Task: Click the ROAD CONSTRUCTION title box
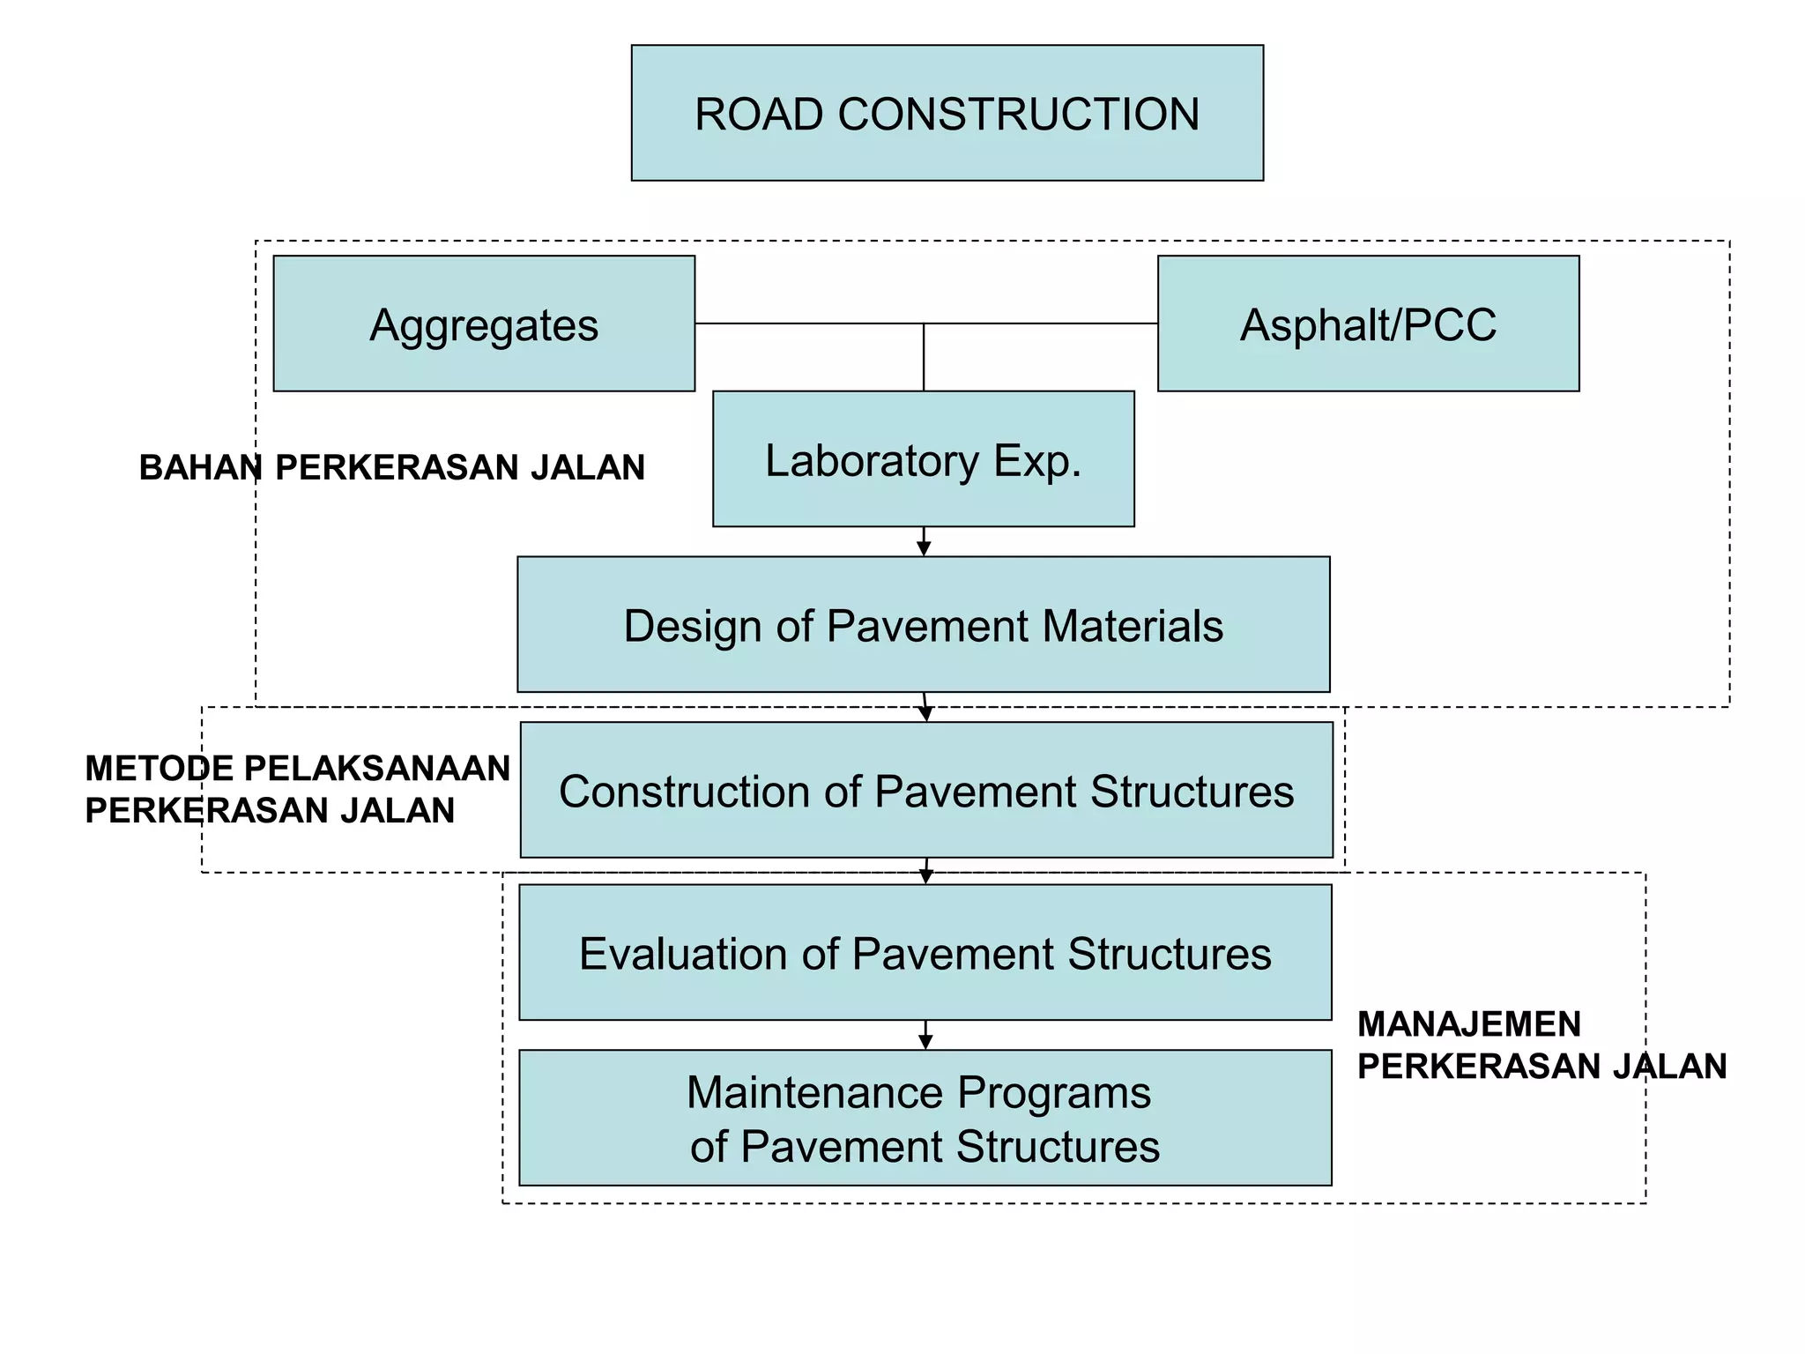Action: (x=947, y=113)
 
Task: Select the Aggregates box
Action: (x=484, y=324)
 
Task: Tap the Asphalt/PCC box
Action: (x=1368, y=324)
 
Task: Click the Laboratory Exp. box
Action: (x=923, y=459)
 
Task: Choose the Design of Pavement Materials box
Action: (x=923, y=624)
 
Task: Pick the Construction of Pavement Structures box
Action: (x=925, y=790)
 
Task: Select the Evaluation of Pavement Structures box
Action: (x=925, y=953)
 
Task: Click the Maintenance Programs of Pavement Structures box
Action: (x=925, y=1118)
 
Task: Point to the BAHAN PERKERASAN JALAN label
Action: (x=392, y=467)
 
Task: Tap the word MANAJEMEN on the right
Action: (x=1469, y=1024)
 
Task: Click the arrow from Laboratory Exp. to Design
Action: (x=924, y=542)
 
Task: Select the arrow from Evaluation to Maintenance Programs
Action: (x=925, y=1036)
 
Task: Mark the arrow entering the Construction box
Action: (x=925, y=708)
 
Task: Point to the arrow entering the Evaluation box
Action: (x=925, y=872)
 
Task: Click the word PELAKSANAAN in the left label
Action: (x=376, y=769)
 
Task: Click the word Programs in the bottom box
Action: (x=1054, y=1093)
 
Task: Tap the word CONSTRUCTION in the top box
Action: (x=1019, y=115)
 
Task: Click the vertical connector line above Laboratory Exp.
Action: (x=924, y=357)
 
